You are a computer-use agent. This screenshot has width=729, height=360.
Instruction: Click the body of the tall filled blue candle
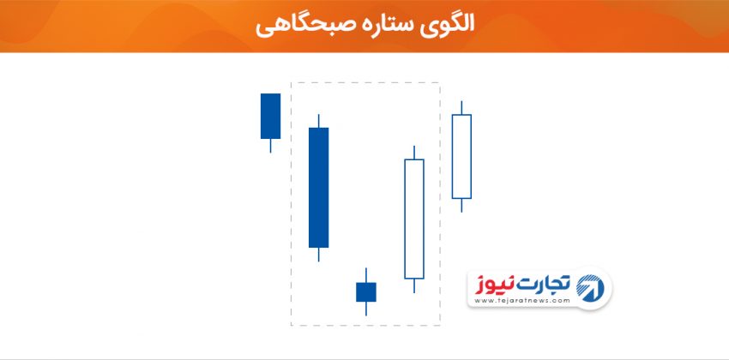tap(318, 188)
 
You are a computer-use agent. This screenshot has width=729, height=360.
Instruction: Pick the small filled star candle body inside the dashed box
tap(366, 292)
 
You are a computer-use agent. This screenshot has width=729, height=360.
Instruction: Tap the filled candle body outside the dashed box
tap(270, 116)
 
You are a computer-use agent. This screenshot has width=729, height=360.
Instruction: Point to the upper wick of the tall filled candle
tap(318, 121)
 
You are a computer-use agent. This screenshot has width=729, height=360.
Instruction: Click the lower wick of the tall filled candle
tap(318, 255)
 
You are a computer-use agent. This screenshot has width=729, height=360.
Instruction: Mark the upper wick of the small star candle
tap(366, 275)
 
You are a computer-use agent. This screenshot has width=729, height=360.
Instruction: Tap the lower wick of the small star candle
tap(366, 309)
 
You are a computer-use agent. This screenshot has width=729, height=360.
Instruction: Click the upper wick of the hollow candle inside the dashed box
tap(413, 153)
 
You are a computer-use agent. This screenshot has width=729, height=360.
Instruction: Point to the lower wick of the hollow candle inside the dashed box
tap(413, 286)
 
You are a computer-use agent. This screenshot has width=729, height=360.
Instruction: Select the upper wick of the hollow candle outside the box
tap(461, 107)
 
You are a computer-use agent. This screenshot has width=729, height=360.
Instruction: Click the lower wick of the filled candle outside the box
tap(270, 146)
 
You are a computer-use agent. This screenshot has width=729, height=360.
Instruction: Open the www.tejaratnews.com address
tap(522, 301)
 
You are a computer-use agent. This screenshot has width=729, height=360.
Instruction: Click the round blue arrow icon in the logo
tap(590, 286)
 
